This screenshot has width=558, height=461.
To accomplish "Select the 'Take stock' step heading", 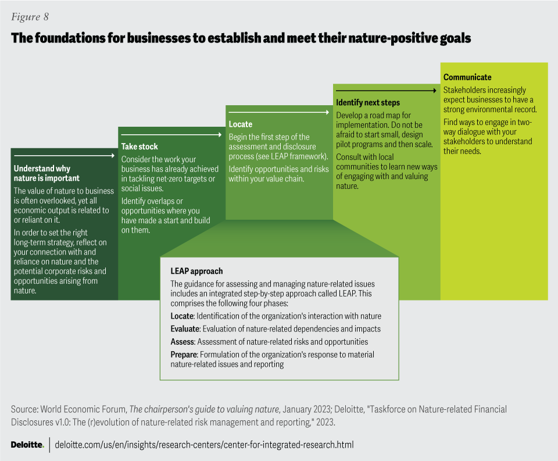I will tap(139, 146).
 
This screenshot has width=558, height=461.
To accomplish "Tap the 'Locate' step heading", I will tap(241, 124).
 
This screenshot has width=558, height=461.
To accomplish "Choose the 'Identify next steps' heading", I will tap(368, 102).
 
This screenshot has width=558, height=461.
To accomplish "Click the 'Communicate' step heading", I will tap(467, 77).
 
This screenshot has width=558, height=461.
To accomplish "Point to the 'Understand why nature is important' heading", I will tap(47, 174).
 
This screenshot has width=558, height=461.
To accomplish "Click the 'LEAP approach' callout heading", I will tap(196, 271).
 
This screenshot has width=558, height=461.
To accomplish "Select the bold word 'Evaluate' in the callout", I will tap(185, 329).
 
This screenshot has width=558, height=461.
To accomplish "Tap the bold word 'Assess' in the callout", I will tap(182, 342).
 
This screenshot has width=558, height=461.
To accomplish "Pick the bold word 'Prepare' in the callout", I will tap(184, 354).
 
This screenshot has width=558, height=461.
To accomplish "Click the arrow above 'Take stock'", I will tap(171, 134).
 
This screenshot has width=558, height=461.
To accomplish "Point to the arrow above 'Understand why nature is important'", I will tap(64, 156).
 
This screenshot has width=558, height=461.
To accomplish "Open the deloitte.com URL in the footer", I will tap(204, 445).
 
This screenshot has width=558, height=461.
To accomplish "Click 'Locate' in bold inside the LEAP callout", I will tap(182, 316).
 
